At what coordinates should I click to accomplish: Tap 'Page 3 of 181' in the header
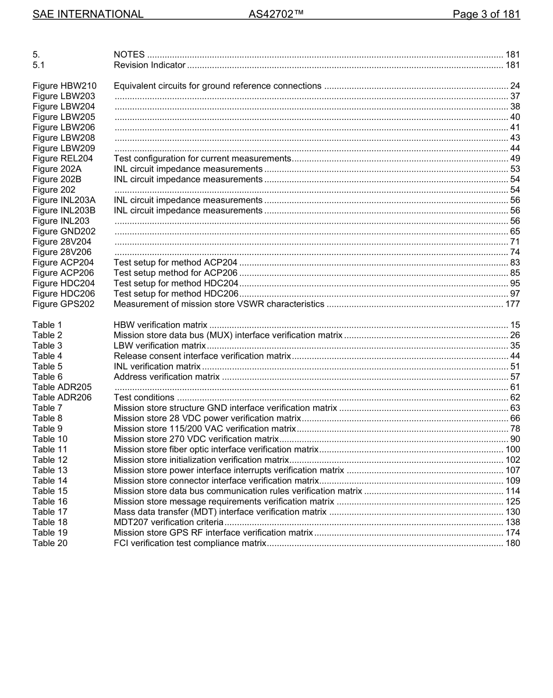point(486,14)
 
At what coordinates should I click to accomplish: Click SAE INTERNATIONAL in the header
point(88,14)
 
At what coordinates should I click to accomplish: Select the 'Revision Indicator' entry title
point(150,65)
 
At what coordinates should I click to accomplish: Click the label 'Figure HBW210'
point(65,86)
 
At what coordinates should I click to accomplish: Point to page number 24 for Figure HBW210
point(515,86)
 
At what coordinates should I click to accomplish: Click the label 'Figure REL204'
point(63,158)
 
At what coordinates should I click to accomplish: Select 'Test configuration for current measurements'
point(202,158)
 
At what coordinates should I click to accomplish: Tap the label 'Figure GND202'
point(64,231)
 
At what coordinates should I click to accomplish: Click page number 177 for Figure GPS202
point(512,304)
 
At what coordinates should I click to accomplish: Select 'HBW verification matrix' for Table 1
point(160,325)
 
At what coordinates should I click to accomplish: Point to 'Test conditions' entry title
point(144,398)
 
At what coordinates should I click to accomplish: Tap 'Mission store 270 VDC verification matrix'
point(196,439)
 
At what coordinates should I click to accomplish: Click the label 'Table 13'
point(50,470)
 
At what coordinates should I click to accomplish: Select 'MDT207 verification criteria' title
point(169,522)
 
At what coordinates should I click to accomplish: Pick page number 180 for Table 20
point(512,543)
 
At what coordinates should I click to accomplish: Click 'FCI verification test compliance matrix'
point(190,543)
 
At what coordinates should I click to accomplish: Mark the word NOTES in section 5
point(129,55)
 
